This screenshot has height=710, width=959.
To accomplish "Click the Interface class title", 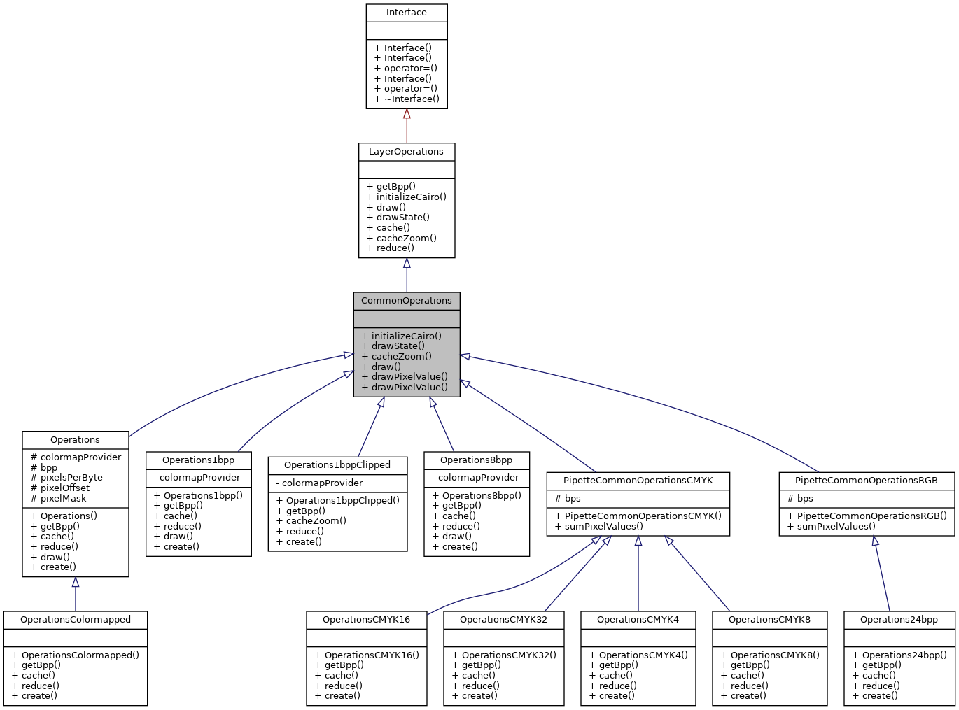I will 406,13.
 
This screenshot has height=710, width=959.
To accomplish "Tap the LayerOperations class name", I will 406,152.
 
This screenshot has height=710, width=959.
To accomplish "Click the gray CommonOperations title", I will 406,301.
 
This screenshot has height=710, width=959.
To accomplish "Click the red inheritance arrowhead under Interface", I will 407,113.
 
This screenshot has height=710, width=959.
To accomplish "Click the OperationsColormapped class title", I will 76,620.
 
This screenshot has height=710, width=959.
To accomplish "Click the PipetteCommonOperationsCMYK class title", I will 638,481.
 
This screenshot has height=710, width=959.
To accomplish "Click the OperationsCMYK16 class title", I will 366,620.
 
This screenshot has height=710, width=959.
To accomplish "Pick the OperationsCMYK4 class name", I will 638,620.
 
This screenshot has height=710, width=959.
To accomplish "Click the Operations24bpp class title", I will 899,620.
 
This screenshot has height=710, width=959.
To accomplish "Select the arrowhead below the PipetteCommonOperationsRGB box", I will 875,541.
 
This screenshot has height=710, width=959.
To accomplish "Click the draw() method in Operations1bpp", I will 178,537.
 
